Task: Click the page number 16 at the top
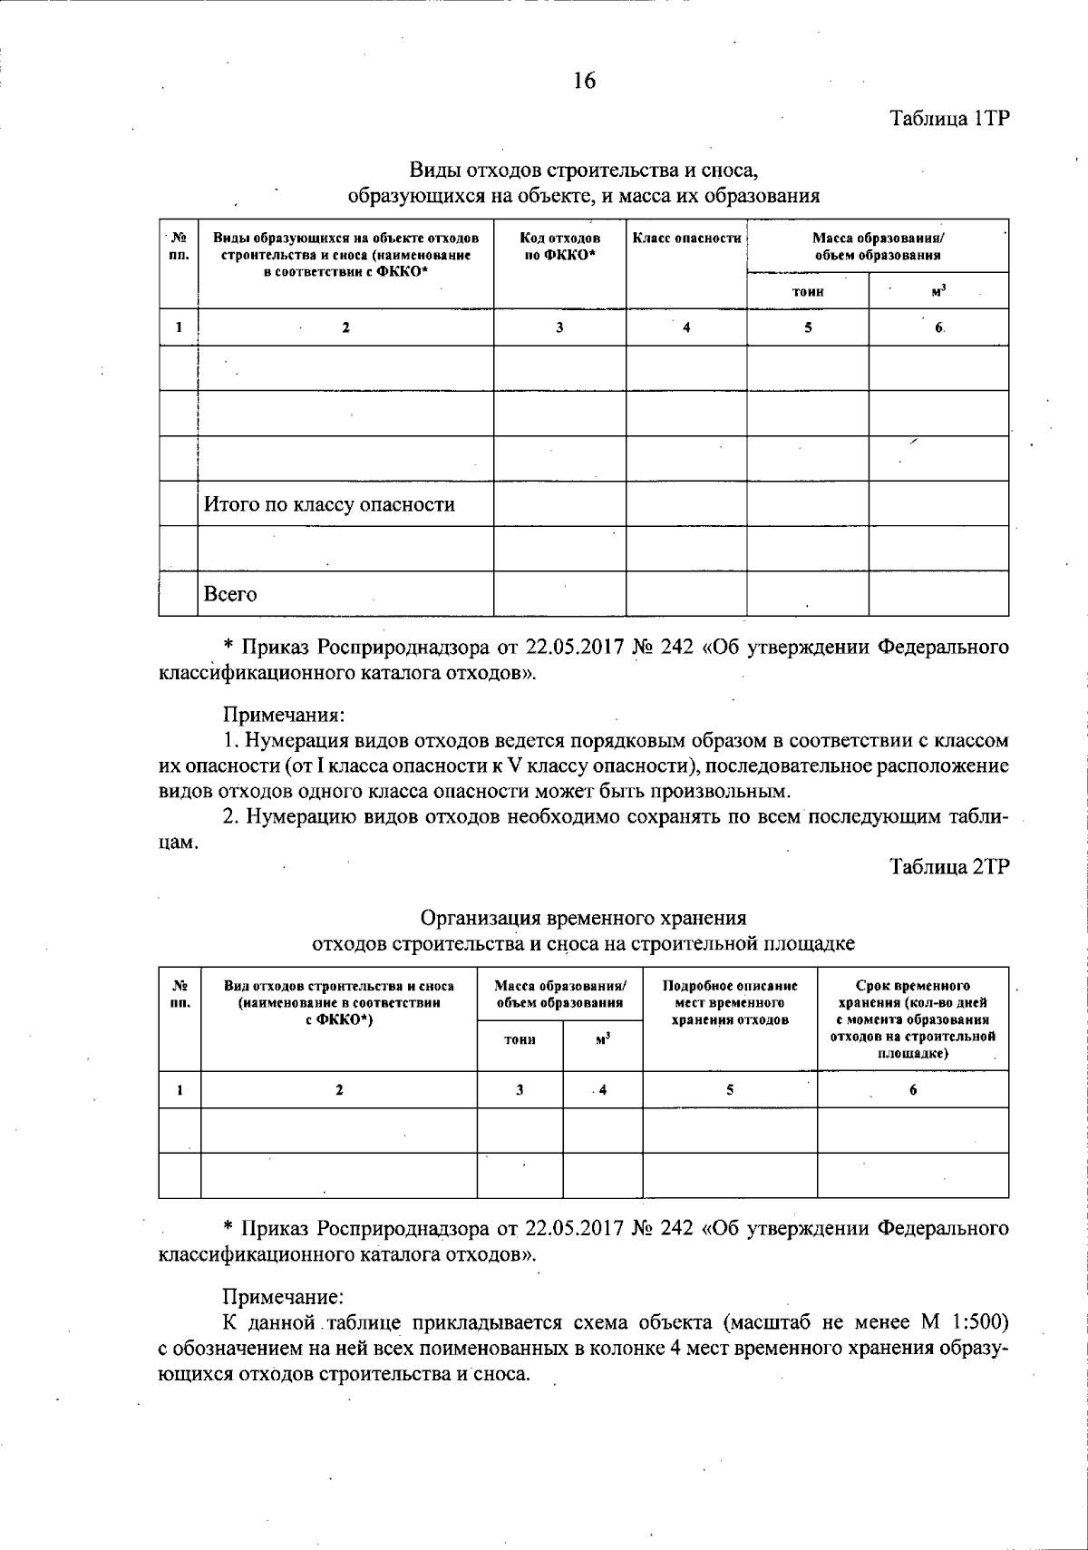click(x=584, y=81)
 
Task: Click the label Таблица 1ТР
click(x=949, y=120)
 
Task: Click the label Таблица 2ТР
click(x=949, y=866)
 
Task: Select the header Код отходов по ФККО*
click(x=559, y=246)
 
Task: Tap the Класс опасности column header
click(x=686, y=239)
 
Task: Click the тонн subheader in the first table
click(x=807, y=291)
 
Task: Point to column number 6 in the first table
click(x=938, y=327)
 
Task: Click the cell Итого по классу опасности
click(x=329, y=504)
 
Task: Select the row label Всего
click(x=230, y=594)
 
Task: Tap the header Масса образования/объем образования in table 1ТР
click(x=877, y=246)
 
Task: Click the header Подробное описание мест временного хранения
click(x=730, y=1002)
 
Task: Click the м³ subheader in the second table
click(x=602, y=1038)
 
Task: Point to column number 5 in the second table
click(x=729, y=1090)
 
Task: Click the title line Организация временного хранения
click(x=583, y=917)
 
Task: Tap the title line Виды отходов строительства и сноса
click(x=583, y=170)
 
